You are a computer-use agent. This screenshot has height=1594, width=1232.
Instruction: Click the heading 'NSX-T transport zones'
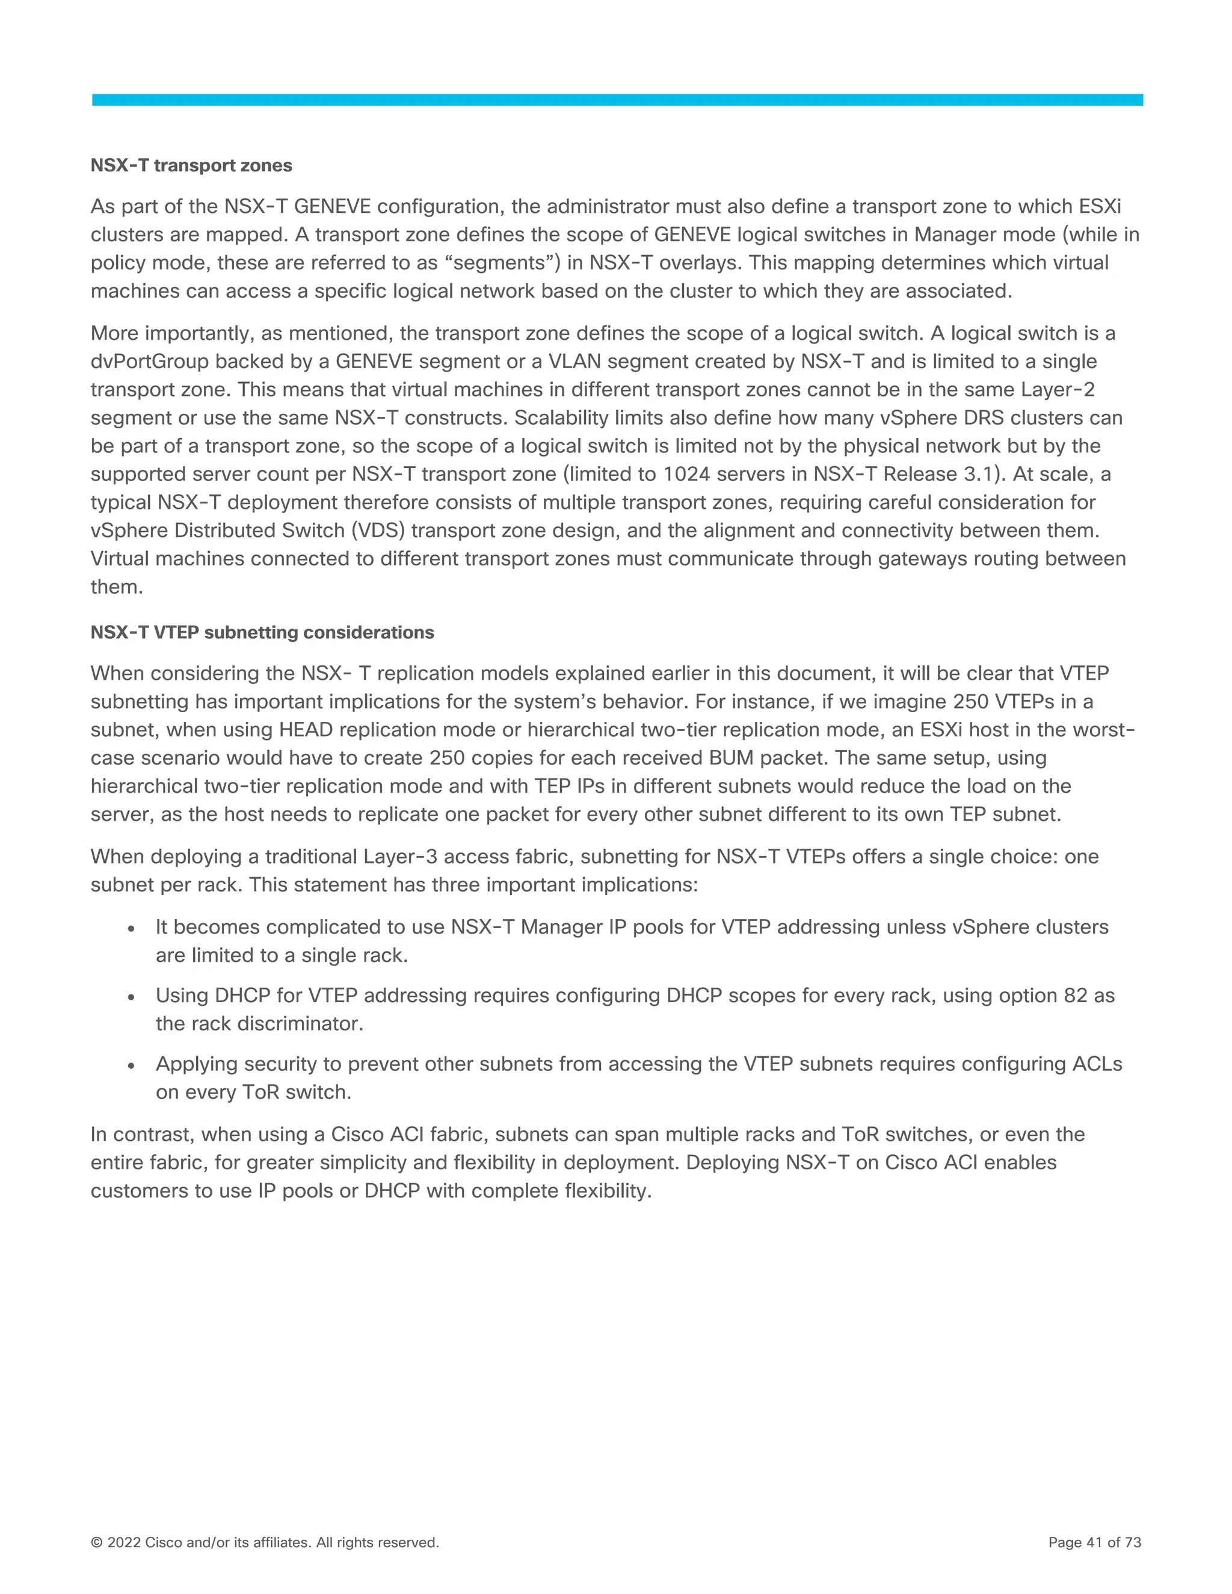click(191, 165)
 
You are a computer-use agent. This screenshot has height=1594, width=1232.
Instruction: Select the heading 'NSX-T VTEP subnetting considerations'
click(262, 632)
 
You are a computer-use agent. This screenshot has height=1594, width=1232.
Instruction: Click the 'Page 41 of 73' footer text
click(1094, 1542)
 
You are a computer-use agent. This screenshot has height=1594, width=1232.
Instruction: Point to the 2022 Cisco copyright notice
click(264, 1542)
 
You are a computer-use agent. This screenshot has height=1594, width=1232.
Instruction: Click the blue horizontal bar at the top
click(617, 100)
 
